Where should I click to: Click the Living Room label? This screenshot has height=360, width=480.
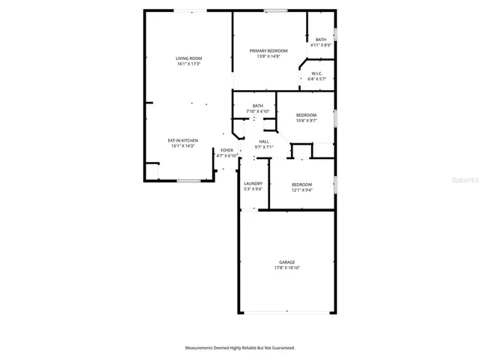coord(189,58)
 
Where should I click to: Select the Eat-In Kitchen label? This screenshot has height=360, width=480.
coord(183,140)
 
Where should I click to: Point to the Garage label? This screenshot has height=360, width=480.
coord(286,262)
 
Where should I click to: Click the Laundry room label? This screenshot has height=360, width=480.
coord(253,184)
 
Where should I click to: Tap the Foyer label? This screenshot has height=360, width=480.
coord(226,150)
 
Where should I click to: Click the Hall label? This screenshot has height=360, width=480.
coord(264,141)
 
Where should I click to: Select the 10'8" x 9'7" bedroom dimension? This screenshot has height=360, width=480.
coord(307,120)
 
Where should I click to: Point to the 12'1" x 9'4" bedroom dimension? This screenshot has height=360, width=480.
coord(301,190)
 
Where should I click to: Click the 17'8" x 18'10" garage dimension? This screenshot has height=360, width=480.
coord(286,268)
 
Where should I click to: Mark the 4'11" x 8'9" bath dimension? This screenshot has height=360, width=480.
coord(321,45)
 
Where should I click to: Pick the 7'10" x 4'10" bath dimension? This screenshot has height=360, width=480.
coord(258,112)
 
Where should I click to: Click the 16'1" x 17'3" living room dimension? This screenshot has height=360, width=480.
coord(189,64)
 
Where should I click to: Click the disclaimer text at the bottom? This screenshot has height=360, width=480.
coord(240,348)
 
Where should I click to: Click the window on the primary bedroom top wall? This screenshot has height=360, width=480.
coord(275,10)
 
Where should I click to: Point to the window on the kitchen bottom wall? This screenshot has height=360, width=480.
coord(188,181)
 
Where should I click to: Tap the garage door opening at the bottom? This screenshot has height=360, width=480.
coord(286,313)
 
